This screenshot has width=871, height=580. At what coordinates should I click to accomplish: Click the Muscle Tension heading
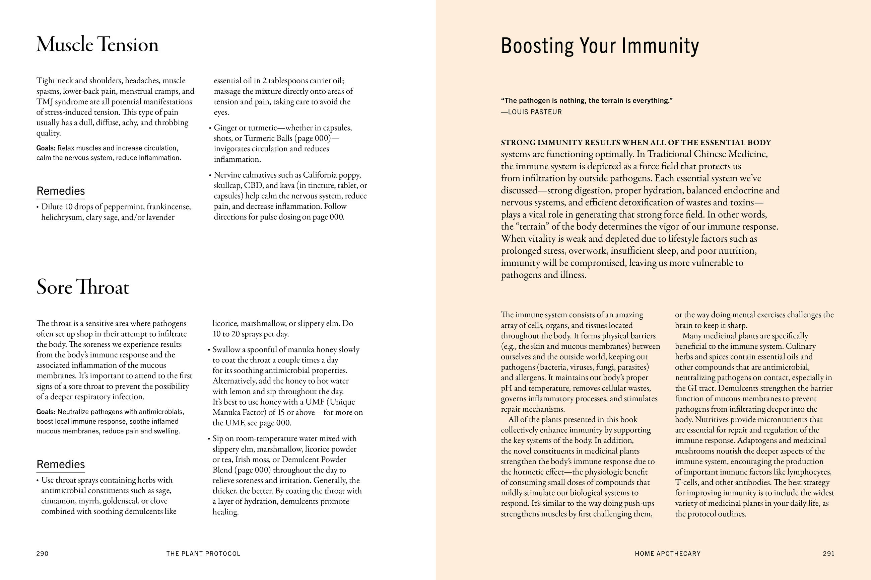point(97,45)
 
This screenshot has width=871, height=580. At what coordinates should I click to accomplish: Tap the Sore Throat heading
point(83,287)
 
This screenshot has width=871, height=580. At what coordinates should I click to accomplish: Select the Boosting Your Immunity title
point(600,46)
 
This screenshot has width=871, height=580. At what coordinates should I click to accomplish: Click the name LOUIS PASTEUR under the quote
point(535,112)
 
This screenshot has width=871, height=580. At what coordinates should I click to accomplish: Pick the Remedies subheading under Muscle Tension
point(61,191)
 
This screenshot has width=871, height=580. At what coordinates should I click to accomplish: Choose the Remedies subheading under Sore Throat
point(61,464)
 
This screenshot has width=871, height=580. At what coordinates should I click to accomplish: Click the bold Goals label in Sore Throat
point(46,412)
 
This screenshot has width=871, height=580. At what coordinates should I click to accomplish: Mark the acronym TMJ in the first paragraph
point(45,102)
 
